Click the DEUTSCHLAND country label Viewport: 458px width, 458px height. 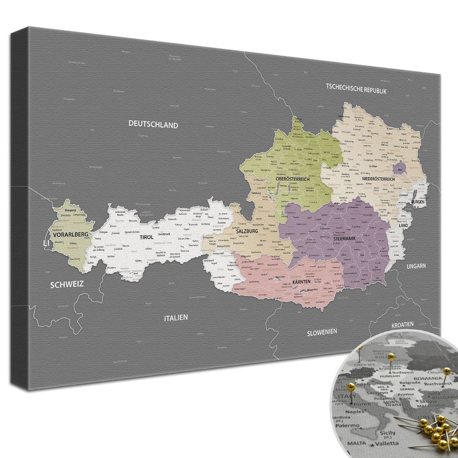[153, 124]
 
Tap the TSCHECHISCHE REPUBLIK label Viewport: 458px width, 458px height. [356, 88]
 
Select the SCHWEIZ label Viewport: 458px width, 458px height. [67, 284]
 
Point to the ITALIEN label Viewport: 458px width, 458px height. [176, 318]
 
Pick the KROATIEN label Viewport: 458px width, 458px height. [403, 325]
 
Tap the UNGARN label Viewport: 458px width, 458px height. [416, 266]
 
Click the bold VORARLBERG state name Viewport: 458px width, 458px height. [71, 235]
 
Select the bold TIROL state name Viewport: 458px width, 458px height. [146, 237]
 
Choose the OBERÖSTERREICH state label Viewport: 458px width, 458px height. [293, 179]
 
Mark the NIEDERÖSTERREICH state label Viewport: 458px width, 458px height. [378, 179]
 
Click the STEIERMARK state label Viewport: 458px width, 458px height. [344, 238]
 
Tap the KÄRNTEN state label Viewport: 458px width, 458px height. [301, 281]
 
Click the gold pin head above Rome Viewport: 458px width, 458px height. [351, 386]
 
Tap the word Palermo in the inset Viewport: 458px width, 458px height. [348, 425]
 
